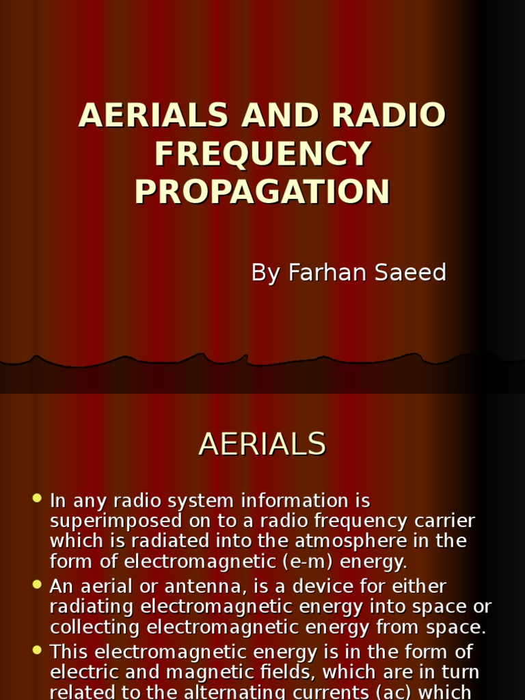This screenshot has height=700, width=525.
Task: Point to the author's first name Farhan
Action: coord(323,272)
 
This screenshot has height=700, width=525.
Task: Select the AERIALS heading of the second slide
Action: coord(262,444)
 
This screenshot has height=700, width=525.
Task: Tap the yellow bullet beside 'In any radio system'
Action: coord(37,498)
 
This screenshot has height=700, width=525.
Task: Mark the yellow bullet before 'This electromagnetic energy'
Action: coord(37,649)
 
